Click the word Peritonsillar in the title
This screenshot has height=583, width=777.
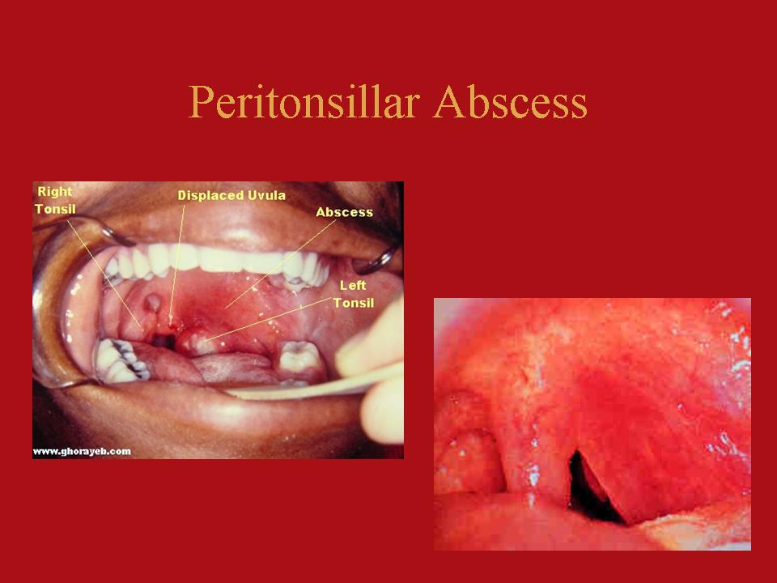pos(304,102)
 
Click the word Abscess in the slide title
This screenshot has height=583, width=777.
pos(511,102)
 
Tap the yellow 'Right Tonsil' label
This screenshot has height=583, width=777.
pos(56,200)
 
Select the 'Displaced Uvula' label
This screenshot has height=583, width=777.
pos(231,195)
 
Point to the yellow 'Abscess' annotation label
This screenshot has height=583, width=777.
pos(345,212)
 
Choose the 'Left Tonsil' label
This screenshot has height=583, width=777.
pos(354,294)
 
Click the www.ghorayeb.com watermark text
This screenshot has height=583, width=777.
pos(82,452)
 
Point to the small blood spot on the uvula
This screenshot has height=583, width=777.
pos(172,326)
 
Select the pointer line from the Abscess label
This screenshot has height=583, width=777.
pos(280,265)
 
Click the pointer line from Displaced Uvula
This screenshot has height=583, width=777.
pos(176,264)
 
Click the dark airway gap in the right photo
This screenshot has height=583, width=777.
pos(590,488)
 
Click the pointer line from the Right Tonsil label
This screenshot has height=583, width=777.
pos(105,273)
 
